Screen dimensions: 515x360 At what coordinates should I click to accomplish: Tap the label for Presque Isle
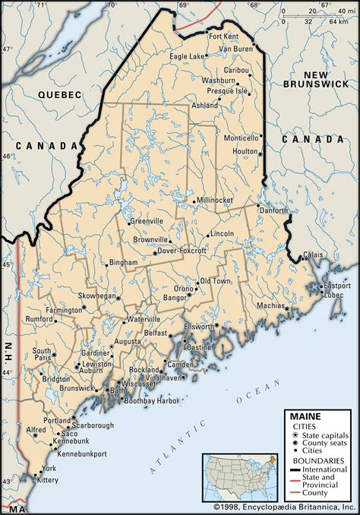pyautogui.click(x=228, y=90)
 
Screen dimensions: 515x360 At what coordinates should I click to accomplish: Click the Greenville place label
pyautogui.click(x=147, y=221)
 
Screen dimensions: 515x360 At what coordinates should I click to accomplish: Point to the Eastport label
pyautogui.click(x=337, y=286)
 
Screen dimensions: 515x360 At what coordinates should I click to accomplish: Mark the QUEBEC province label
pyautogui.click(x=59, y=93)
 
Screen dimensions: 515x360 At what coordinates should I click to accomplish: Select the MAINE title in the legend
pyautogui.click(x=304, y=415)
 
